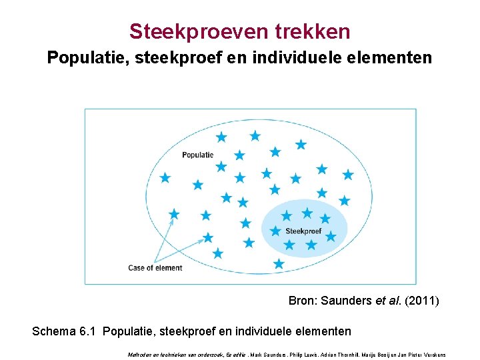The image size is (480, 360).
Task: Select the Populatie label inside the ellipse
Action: click(x=197, y=155)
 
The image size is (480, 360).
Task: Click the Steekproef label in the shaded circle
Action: click(x=303, y=231)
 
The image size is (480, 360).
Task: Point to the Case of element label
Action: click(x=155, y=268)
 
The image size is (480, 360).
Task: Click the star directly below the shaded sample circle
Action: click(x=279, y=264)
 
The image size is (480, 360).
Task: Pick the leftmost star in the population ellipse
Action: click(x=165, y=178)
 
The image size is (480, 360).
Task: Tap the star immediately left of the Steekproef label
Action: click(x=275, y=231)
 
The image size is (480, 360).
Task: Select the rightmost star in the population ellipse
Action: click(x=347, y=175)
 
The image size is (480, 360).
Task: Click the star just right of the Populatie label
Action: click(x=239, y=155)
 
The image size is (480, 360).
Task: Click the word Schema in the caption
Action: click(x=54, y=331)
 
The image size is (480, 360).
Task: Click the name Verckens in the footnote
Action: click(x=433, y=354)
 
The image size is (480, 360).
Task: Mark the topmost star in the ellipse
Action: click(x=255, y=136)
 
